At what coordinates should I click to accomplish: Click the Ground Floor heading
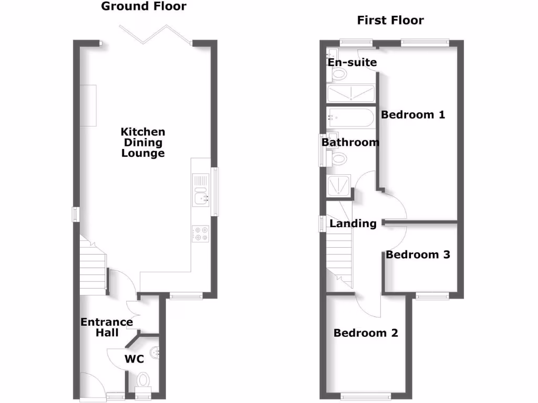point(143,7)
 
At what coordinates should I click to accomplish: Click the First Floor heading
point(390,20)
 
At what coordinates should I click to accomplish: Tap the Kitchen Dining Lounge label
point(143,142)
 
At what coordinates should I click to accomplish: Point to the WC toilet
point(142,379)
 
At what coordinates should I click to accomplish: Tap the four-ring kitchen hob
point(200,233)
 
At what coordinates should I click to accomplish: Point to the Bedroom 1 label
point(413,114)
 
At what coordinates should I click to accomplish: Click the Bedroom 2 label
point(366,333)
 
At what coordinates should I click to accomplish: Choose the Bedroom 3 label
point(418,254)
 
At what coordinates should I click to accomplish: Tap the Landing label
point(353,224)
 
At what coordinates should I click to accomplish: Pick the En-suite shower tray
point(350,94)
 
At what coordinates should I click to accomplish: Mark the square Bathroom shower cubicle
point(338,185)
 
